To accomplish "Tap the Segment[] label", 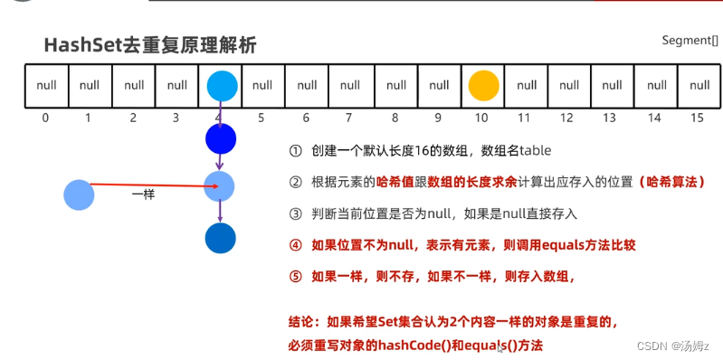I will (690, 41).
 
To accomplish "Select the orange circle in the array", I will (484, 86).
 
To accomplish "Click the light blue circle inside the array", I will (221, 86).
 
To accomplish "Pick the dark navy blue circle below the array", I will (221, 138).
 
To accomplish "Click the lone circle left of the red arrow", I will (80, 194).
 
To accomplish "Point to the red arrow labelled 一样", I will (154, 186).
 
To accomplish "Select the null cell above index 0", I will (45, 86).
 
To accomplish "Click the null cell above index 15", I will (699, 86).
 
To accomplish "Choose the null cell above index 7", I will (350, 86).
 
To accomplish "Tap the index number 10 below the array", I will (482, 118).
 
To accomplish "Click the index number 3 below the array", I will (176, 118).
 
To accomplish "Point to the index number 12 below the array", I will (567, 118).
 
